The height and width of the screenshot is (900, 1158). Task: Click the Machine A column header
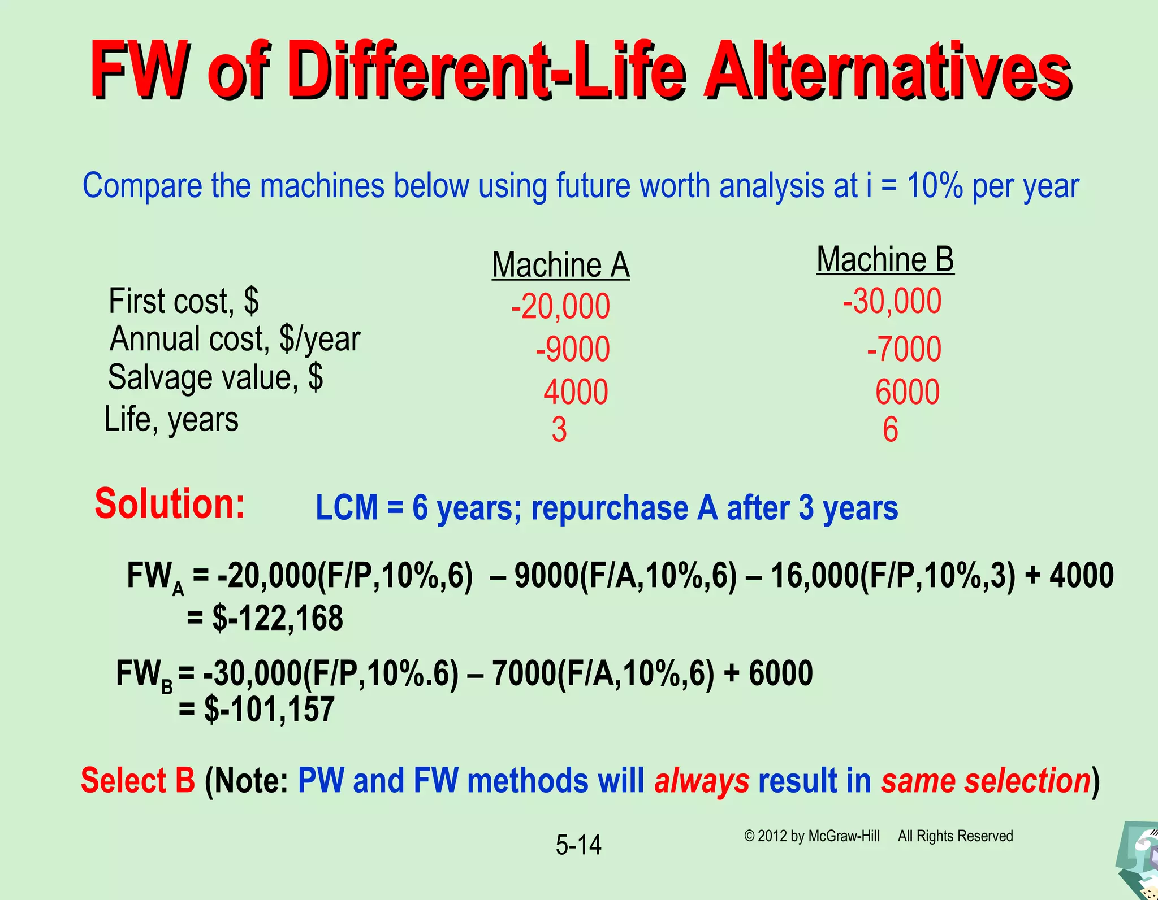(560, 265)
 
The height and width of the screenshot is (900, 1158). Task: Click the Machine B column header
(885, 260)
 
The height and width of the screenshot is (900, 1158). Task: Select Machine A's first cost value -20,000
(560, 307)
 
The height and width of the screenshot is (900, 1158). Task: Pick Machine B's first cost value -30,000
(892, 301)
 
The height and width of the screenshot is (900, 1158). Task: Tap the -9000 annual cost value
(573, 349)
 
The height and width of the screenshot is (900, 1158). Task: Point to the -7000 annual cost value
(904, 349)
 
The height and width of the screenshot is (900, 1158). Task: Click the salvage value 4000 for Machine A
(576, 392)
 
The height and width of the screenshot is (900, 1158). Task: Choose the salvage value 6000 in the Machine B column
(907, 392)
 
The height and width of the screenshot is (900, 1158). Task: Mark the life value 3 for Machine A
(559, 431)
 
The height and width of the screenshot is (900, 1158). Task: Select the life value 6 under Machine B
(891, 430)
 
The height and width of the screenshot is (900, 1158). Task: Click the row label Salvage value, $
(215, 377)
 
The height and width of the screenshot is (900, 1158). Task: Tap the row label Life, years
(171, 420)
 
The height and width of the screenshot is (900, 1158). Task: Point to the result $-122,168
(277, 618)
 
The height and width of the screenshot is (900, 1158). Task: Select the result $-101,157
(269, 710)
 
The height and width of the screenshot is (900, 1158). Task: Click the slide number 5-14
(578, 845)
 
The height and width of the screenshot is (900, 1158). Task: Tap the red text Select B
(138, 781)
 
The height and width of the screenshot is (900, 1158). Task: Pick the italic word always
(702, 781)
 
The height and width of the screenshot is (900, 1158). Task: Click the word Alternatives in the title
(886, 71)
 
